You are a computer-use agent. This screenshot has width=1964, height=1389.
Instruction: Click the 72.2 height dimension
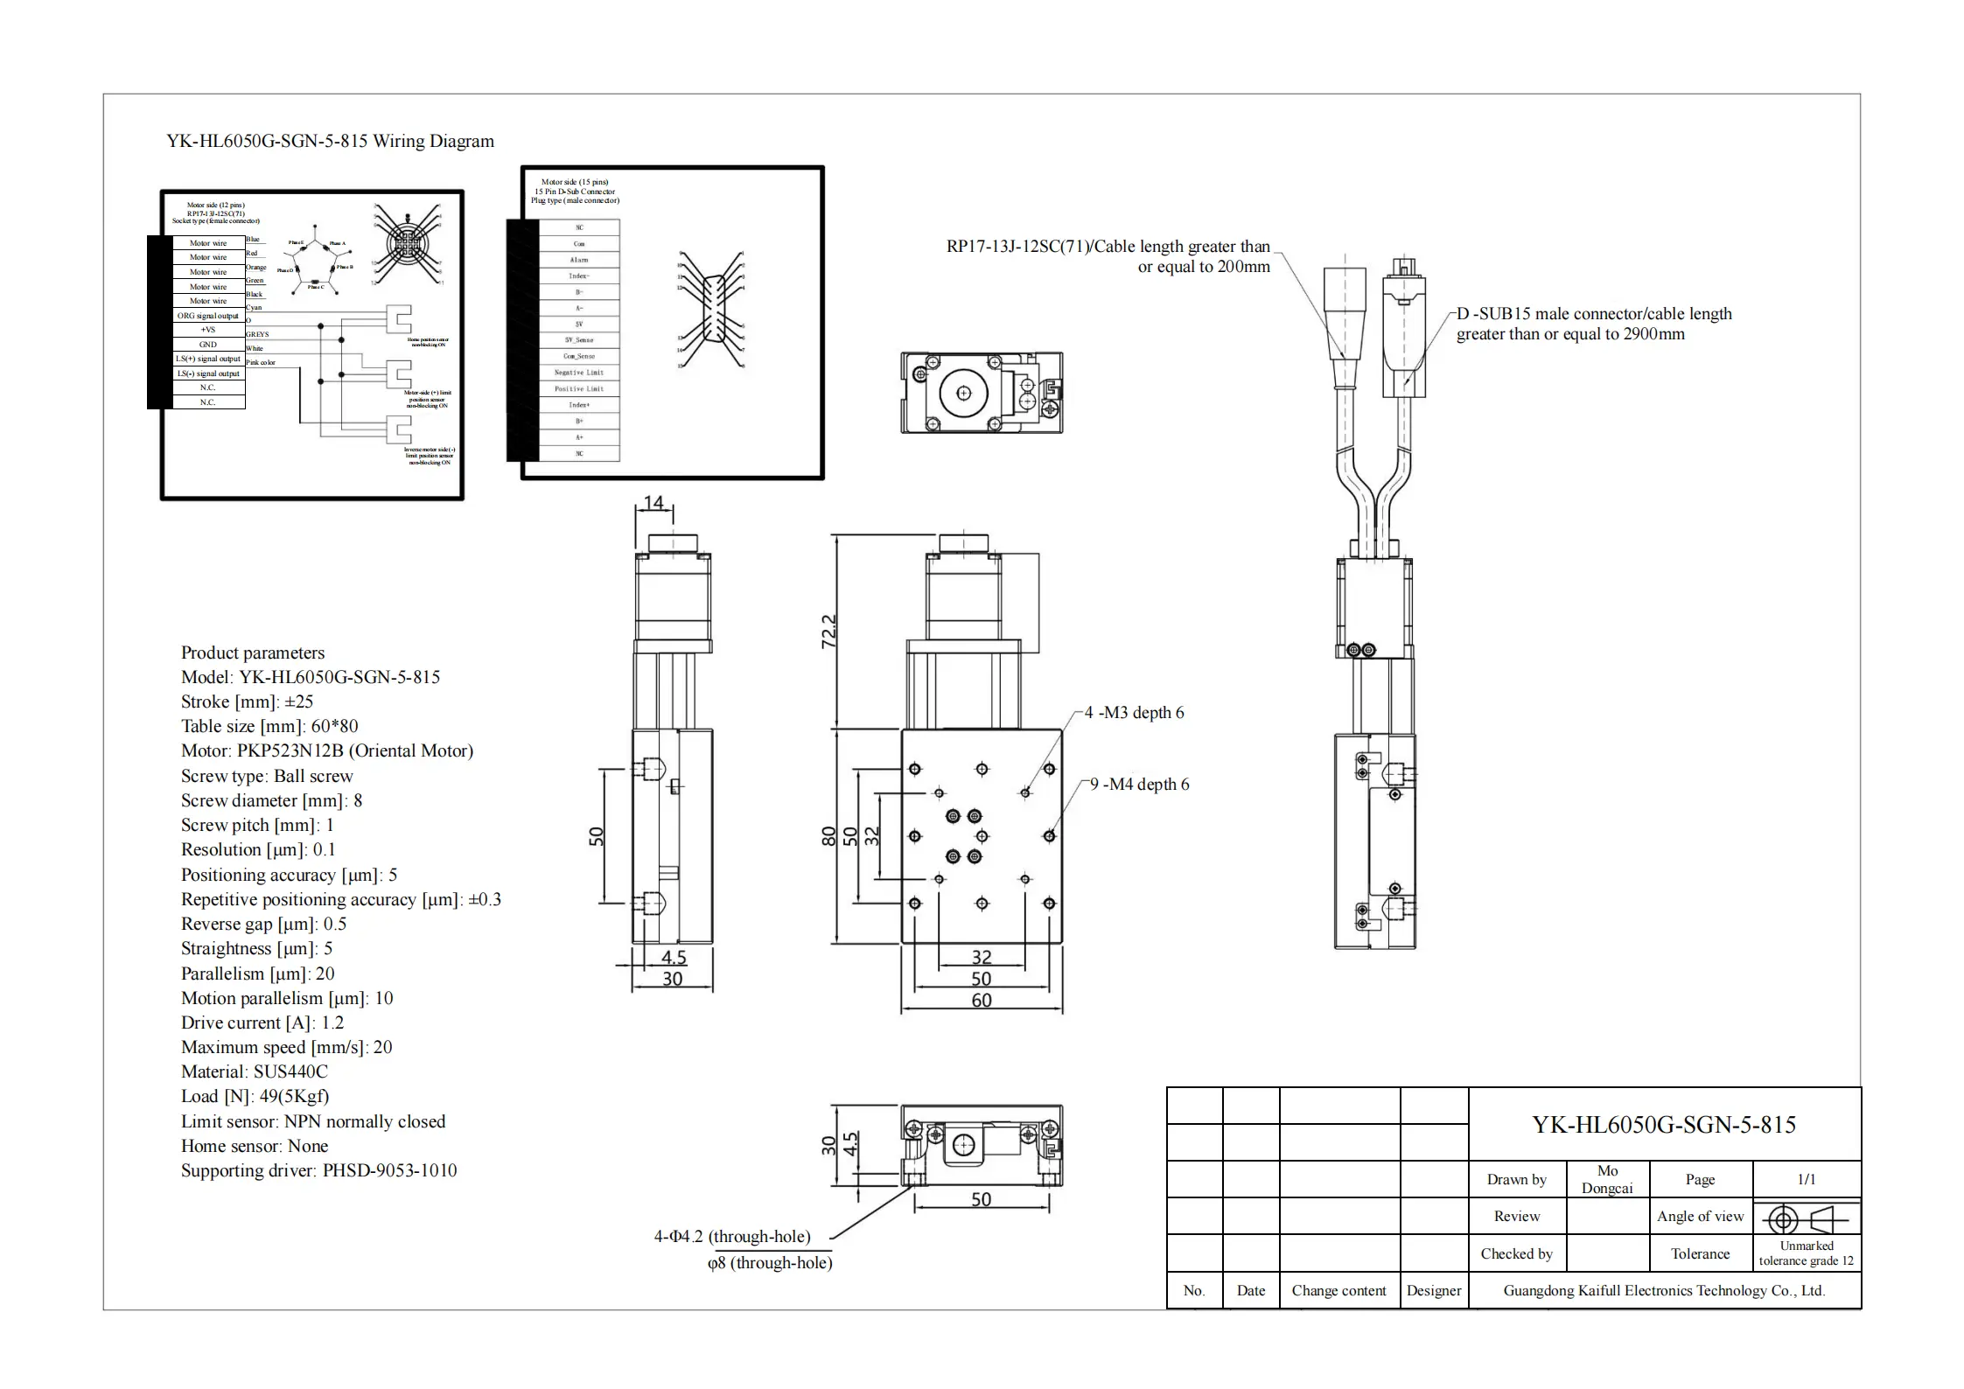(x=828, y=631)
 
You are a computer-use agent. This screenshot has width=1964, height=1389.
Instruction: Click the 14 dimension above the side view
(x=654, y=503)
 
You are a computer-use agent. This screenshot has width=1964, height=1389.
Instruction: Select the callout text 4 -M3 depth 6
(x=1134, y=713)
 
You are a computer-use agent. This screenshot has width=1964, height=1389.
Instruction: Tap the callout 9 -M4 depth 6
(x=1139, y=785)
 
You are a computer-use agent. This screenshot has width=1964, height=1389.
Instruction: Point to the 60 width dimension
(x=982, y=1000)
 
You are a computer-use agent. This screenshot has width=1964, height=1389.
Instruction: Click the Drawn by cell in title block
(x=1516, y=1179)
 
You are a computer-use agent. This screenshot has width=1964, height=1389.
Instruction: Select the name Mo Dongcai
(x=1607, y=1179)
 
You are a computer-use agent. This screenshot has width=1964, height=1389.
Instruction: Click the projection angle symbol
(x=1806, y=1218)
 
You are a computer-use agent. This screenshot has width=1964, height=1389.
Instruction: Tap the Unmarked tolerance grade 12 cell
(x=1806, y=1253)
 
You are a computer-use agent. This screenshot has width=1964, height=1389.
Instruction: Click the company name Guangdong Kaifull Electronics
(x=1664, y=1290)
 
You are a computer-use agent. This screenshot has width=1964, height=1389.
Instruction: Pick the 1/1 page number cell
(x=1806, y=1179)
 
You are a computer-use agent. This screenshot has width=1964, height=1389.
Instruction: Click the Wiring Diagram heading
(x=330, y=142)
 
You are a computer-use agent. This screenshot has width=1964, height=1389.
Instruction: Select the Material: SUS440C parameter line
(x=254, y=1071)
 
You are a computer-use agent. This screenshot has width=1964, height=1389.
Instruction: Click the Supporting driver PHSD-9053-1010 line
(x=318, y=1170)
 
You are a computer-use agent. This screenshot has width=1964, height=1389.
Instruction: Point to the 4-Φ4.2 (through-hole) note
(x=732, y=1236)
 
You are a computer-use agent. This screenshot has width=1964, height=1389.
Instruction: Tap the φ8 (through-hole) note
(x=770, y=1262)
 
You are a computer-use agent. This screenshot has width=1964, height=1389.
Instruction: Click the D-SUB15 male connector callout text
(x=1593, y=324)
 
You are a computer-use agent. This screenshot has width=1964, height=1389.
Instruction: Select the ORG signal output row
(x=208, y=316)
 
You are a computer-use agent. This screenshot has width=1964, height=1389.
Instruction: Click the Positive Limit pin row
(x=579, y=388)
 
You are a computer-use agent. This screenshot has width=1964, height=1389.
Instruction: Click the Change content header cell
(x=1338, y=1290)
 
